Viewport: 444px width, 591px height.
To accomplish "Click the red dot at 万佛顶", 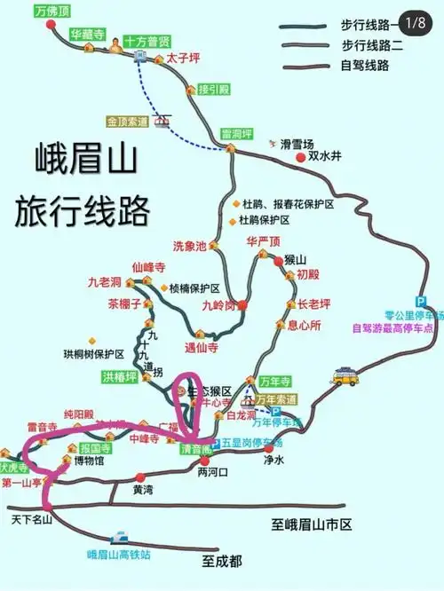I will tap(51, 26).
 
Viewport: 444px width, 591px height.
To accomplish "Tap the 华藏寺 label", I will tap(87, 34).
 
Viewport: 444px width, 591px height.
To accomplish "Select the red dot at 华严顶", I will tap(264, 255).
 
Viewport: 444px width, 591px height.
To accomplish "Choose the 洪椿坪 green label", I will tap(119, 377).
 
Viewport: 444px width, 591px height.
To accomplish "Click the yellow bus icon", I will tap(345, 376).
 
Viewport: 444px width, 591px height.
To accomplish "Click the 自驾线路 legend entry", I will tap(367, 65).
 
